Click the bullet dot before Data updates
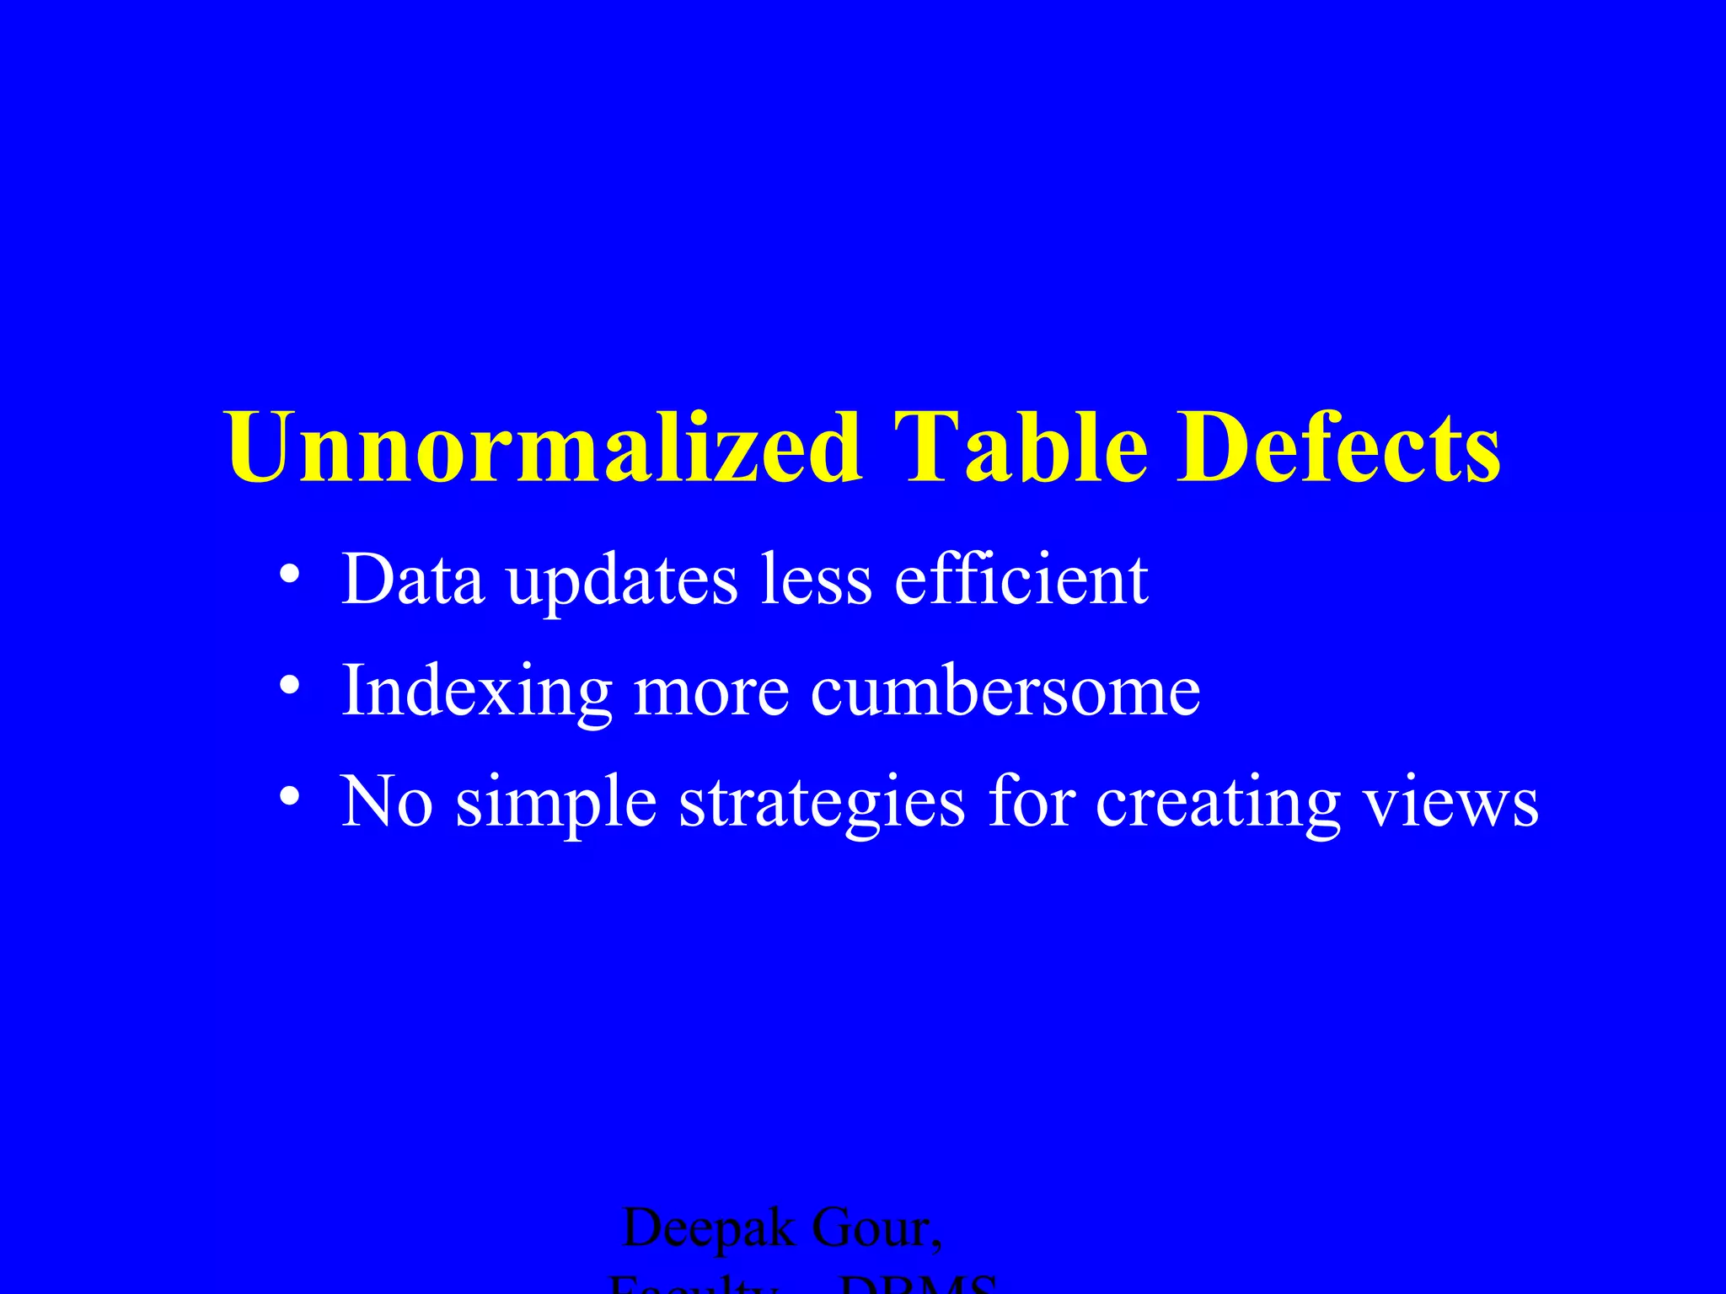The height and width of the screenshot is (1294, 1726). pyautogui.click(x=289, y=575)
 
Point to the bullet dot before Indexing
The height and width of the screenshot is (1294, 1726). pyautogui.click(x=289, y=686)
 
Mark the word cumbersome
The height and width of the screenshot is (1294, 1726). pyautogui.click(x=1005, y=691)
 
